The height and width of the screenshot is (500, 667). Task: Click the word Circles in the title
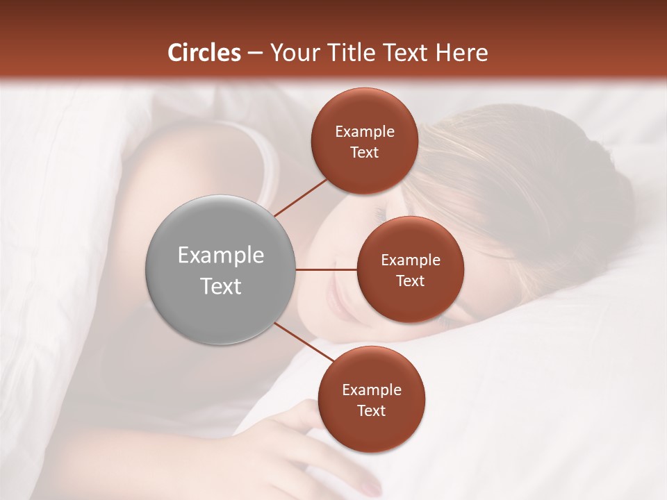(x=204, y=53)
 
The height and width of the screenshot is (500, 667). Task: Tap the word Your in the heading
(x=295, y=53)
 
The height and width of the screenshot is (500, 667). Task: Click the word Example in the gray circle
(x=221, y=256)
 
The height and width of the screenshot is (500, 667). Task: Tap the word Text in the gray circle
(x=221, y=286)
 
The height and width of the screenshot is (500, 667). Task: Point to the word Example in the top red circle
(x=365, y=132)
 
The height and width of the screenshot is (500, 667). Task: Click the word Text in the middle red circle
(x=410, y=281)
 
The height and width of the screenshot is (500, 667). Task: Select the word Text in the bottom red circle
(x=371, y=411)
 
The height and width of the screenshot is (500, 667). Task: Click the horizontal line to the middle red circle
(x=327, y=269)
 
